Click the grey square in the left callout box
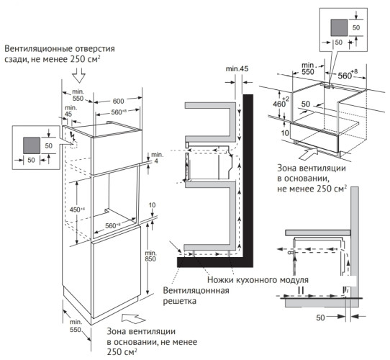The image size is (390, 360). click(31, 144)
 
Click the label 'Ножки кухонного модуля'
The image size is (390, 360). click(258, 279)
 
